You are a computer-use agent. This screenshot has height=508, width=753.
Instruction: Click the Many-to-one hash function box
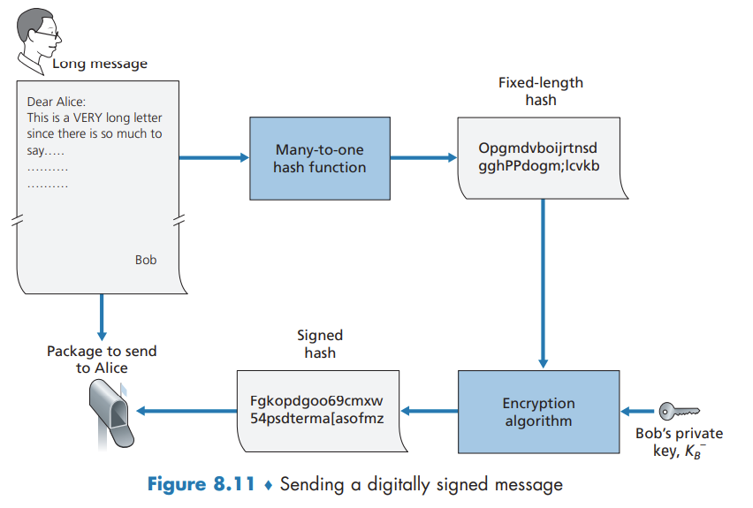tap(319, 158)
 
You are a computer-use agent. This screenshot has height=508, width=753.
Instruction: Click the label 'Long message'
tap(100, 64)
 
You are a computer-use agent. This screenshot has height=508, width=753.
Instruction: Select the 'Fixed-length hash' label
tap(541, 91)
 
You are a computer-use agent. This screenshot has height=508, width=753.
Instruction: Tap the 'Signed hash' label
tap(319, 344)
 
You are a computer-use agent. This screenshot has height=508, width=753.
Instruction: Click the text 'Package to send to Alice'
tap(102, 359)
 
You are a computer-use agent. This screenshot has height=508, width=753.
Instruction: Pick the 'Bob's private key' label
tap(679, 441)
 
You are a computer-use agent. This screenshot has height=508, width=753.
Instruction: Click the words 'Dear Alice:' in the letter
tap(57, 102)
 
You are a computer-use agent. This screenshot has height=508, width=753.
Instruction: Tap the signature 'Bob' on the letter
tap(146, 260)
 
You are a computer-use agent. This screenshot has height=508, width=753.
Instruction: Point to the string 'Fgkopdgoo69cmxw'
tap(317, 400)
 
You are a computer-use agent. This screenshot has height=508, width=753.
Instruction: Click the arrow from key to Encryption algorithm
tap(637, 411)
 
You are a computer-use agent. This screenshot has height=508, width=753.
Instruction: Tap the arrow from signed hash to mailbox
tap(186, 410)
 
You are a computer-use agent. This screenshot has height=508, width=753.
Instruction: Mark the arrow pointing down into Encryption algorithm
tap(543, 283)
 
